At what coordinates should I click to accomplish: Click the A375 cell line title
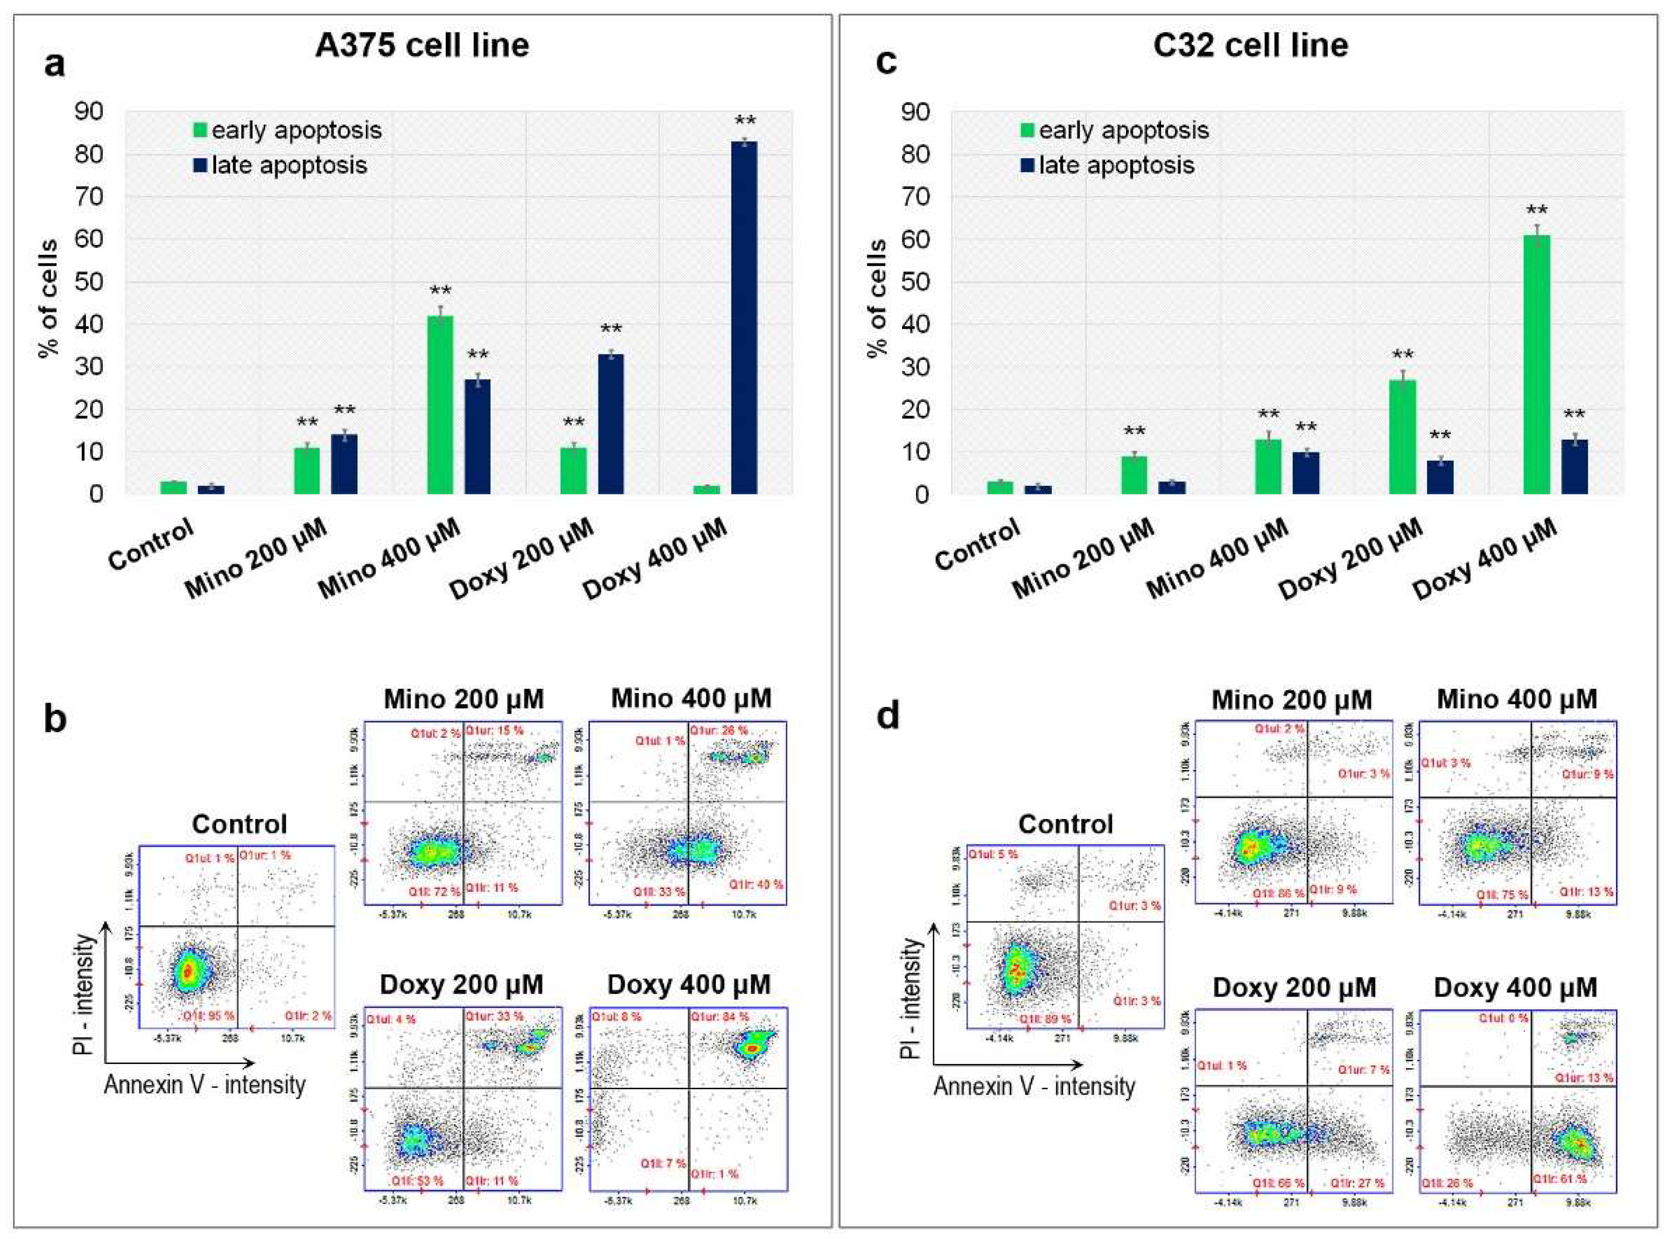coord(422,46)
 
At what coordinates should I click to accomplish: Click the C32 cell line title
coord(1252,46)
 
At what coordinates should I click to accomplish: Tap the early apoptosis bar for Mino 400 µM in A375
coord(440,405)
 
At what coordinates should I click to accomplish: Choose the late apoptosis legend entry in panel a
coord(281,165)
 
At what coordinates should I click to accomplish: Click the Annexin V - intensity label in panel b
coord(205,1085)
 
